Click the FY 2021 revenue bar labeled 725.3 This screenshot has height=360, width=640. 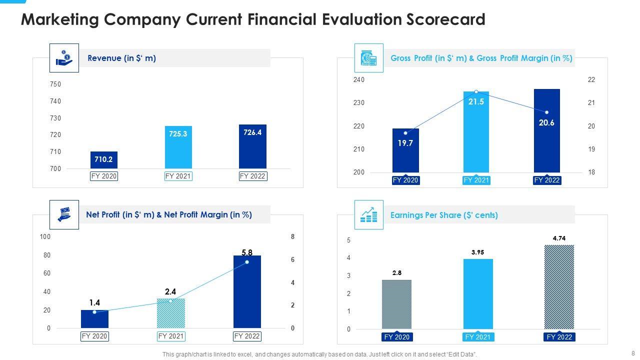pos(178,147)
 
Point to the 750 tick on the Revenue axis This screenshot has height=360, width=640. pos(55,84)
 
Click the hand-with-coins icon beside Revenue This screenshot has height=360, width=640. pos(64,58)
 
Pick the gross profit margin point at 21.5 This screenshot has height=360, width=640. pos(476,92)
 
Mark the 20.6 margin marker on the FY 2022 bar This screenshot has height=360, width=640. pos(546,112)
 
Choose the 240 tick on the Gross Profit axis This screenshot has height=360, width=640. pos(359,80)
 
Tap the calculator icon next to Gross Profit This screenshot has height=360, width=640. pos(368,58)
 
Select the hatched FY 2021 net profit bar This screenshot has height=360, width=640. pos(171,313)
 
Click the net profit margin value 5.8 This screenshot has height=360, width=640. pos(246,253)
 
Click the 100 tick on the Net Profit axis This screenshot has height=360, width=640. pos(45,236)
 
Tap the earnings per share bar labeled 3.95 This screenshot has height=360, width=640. pos(478,293)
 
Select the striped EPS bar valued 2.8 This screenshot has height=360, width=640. pos(396,304)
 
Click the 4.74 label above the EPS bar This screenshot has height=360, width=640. pos(559,239)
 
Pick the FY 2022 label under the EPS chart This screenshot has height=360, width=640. pos(559,337)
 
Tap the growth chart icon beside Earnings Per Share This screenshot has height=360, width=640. pos(368,215)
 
